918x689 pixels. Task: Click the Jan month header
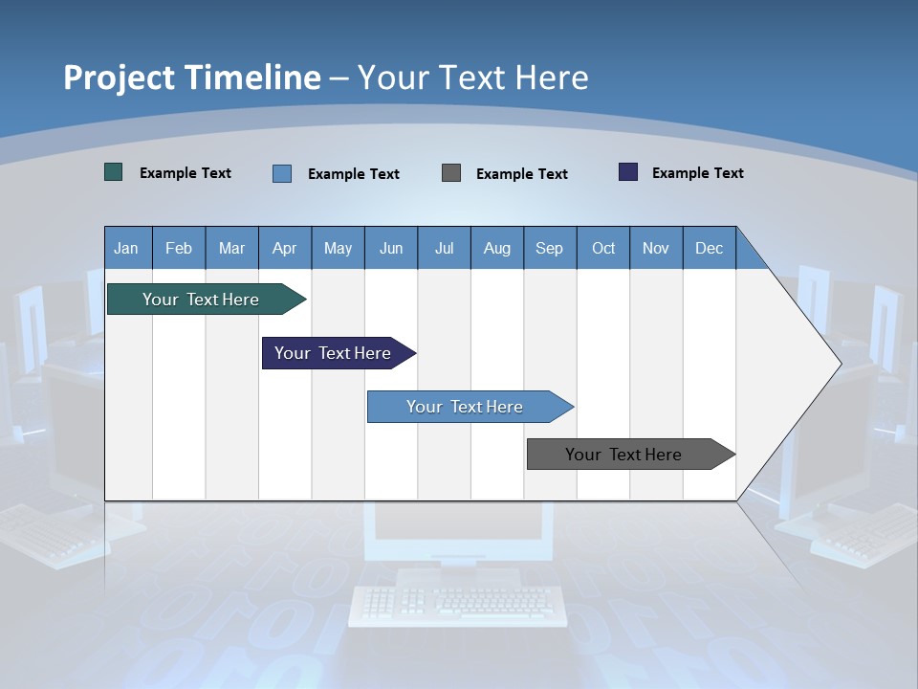[127, 248]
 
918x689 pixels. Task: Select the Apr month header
[285, 248]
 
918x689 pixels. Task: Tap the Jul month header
[444, 248]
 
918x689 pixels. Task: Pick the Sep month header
[549, 248]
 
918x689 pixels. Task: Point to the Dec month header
[709, 248]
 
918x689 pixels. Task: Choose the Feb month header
[179, 248]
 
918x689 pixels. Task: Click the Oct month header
[603, 248]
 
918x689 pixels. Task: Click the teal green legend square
[114, 172]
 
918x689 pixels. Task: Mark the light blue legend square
[282, 173]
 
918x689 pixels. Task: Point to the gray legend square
[451, 172]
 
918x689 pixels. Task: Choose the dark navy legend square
[628, 172]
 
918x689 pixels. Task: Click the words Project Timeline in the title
[192, 78]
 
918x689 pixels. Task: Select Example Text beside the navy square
[697, 173]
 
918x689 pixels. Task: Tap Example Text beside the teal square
[185, 173]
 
